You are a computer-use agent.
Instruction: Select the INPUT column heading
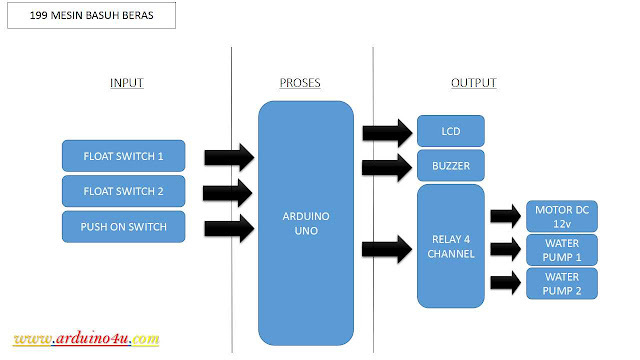126,83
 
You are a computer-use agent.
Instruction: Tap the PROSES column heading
300,83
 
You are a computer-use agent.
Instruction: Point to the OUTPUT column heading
474,83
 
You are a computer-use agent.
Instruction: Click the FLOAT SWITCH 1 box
124,156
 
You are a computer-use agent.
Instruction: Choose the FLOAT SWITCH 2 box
124,191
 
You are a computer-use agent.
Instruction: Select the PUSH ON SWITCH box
124,227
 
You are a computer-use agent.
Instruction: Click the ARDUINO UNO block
306,223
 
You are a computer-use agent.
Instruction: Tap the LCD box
451,131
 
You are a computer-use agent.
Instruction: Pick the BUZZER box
451,164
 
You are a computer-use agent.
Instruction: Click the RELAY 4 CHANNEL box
451,246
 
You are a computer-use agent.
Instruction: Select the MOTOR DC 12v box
562,215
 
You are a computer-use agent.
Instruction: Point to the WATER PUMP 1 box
562,249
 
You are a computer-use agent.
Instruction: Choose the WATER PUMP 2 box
562,283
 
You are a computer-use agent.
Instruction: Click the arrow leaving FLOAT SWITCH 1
229,157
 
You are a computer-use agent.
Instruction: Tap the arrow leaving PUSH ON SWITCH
229,227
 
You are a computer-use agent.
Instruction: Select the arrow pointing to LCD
385,132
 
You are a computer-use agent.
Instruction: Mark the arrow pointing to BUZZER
385,165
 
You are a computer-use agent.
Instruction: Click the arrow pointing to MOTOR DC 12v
505,215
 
